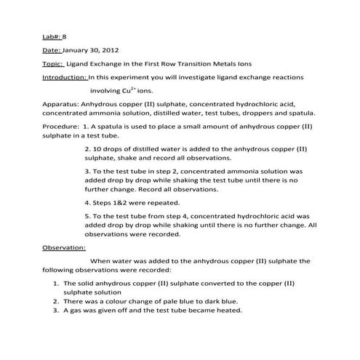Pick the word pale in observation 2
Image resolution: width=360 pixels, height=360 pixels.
pos(151,300)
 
